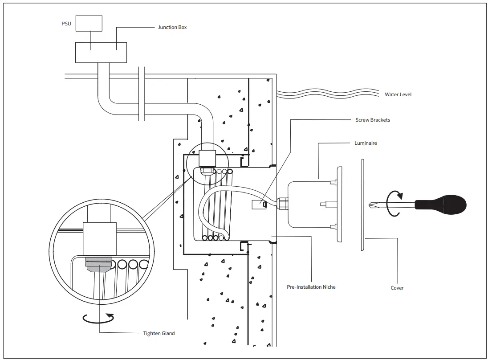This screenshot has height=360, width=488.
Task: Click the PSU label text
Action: coord(66,24)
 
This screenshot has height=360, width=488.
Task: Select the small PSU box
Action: coord(89,23)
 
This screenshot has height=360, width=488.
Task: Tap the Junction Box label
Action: coord(172,28)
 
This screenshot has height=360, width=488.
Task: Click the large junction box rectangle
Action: coord(101,53)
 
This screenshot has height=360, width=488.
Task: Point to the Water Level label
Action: coord(398,94)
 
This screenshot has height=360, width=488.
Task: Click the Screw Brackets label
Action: coord(373,120)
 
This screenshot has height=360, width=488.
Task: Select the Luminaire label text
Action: coord(366,143)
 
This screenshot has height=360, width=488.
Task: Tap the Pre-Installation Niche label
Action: coord(311,287)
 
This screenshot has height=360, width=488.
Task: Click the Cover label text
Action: coord(397,288)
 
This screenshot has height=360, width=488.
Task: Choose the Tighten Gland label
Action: coord(159,334)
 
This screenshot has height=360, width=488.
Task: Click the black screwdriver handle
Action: coord(441,205)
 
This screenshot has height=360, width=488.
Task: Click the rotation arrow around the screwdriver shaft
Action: coord(394,204)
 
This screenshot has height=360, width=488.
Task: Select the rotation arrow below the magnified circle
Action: coord(98,318)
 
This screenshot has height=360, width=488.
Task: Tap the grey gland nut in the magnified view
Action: coord(99,264)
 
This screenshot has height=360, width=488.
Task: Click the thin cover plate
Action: coord(362,205)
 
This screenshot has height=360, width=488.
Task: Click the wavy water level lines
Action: coord(328,94)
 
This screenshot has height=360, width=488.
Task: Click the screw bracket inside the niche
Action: coord(259,205)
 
